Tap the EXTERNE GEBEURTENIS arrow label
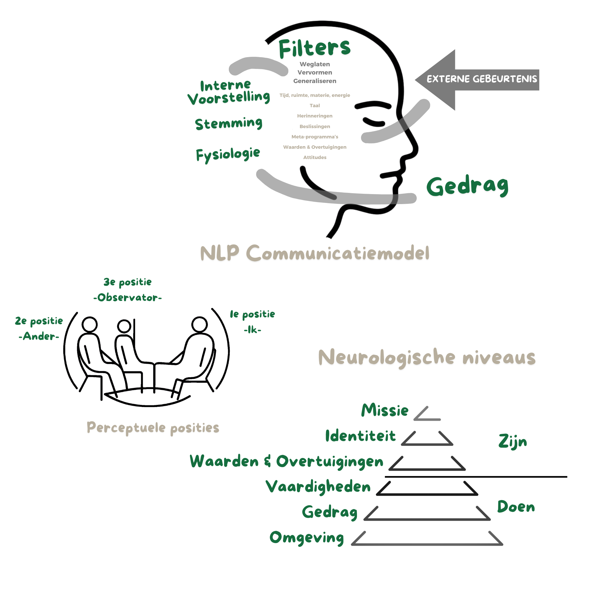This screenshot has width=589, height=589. point(482,79)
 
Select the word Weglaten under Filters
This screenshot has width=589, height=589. point(315,64)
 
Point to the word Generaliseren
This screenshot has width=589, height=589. point(315,81)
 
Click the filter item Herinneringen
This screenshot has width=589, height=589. point(315,116)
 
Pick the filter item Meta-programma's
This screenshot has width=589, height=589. point(315,137)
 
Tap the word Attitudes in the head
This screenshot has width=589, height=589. point(315,157)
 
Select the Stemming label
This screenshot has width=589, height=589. point(228,123)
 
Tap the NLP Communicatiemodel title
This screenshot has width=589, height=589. point(315,253)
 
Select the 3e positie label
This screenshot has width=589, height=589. point(128,282)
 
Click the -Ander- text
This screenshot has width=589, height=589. point(39,336)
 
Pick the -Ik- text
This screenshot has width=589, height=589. point(252,330)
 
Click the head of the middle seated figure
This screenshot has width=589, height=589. point(124,326)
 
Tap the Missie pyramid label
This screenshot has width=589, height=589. point(385,410)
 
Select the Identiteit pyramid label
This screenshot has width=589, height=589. point(360,436)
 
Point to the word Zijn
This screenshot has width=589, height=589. point(512,442)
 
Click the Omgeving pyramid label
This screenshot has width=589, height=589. point(307,537)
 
